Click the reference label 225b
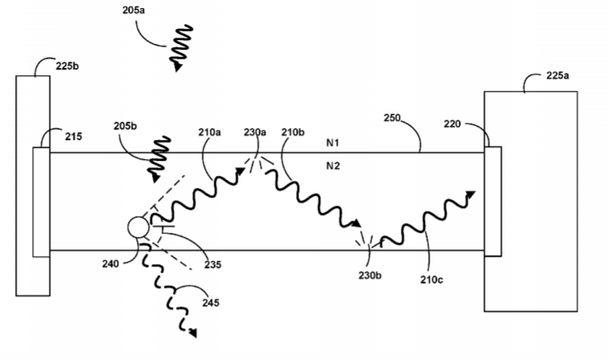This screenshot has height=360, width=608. (x=67, y=66)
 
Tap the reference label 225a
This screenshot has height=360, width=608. (x=558, y=76)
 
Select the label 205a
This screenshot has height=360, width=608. (x=134, y=10)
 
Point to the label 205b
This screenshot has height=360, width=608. (x=125, y=126)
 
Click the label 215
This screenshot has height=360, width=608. (x=74, y=137)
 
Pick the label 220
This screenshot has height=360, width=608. (x=452, y=124)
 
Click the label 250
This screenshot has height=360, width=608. (x=392, y=118)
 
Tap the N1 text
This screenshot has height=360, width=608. (x=333, y=143)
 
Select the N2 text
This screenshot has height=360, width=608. (x=333, y=166)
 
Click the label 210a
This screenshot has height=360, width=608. (x=210, y=132)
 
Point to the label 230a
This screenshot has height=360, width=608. (x=254, y=132)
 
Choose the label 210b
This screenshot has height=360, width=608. (x=293, y=132)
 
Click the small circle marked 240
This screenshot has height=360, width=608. (x=138, y=227)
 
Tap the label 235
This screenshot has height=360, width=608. (x=213, y=265)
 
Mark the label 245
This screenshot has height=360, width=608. (x=210, y=302)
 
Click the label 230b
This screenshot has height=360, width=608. (x=370, y=275)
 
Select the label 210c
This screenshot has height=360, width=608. (x=431, y=280)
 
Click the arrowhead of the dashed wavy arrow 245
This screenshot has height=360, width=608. (x=193, y=333)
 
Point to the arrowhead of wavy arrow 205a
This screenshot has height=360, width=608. (x=178, y=67)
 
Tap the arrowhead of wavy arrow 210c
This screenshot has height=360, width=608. (x=470, y=194)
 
